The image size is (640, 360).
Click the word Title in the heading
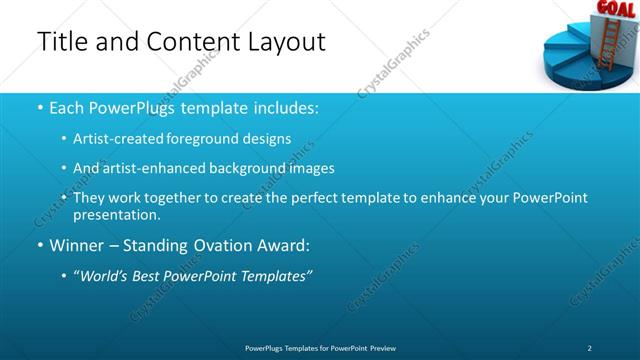pos(60,42)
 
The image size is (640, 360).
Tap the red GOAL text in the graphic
pos(614,9)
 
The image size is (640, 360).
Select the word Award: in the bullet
pos(283,245)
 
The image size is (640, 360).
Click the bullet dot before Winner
pos(39,245)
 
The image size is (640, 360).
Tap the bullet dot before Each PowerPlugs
pos(39,108)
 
